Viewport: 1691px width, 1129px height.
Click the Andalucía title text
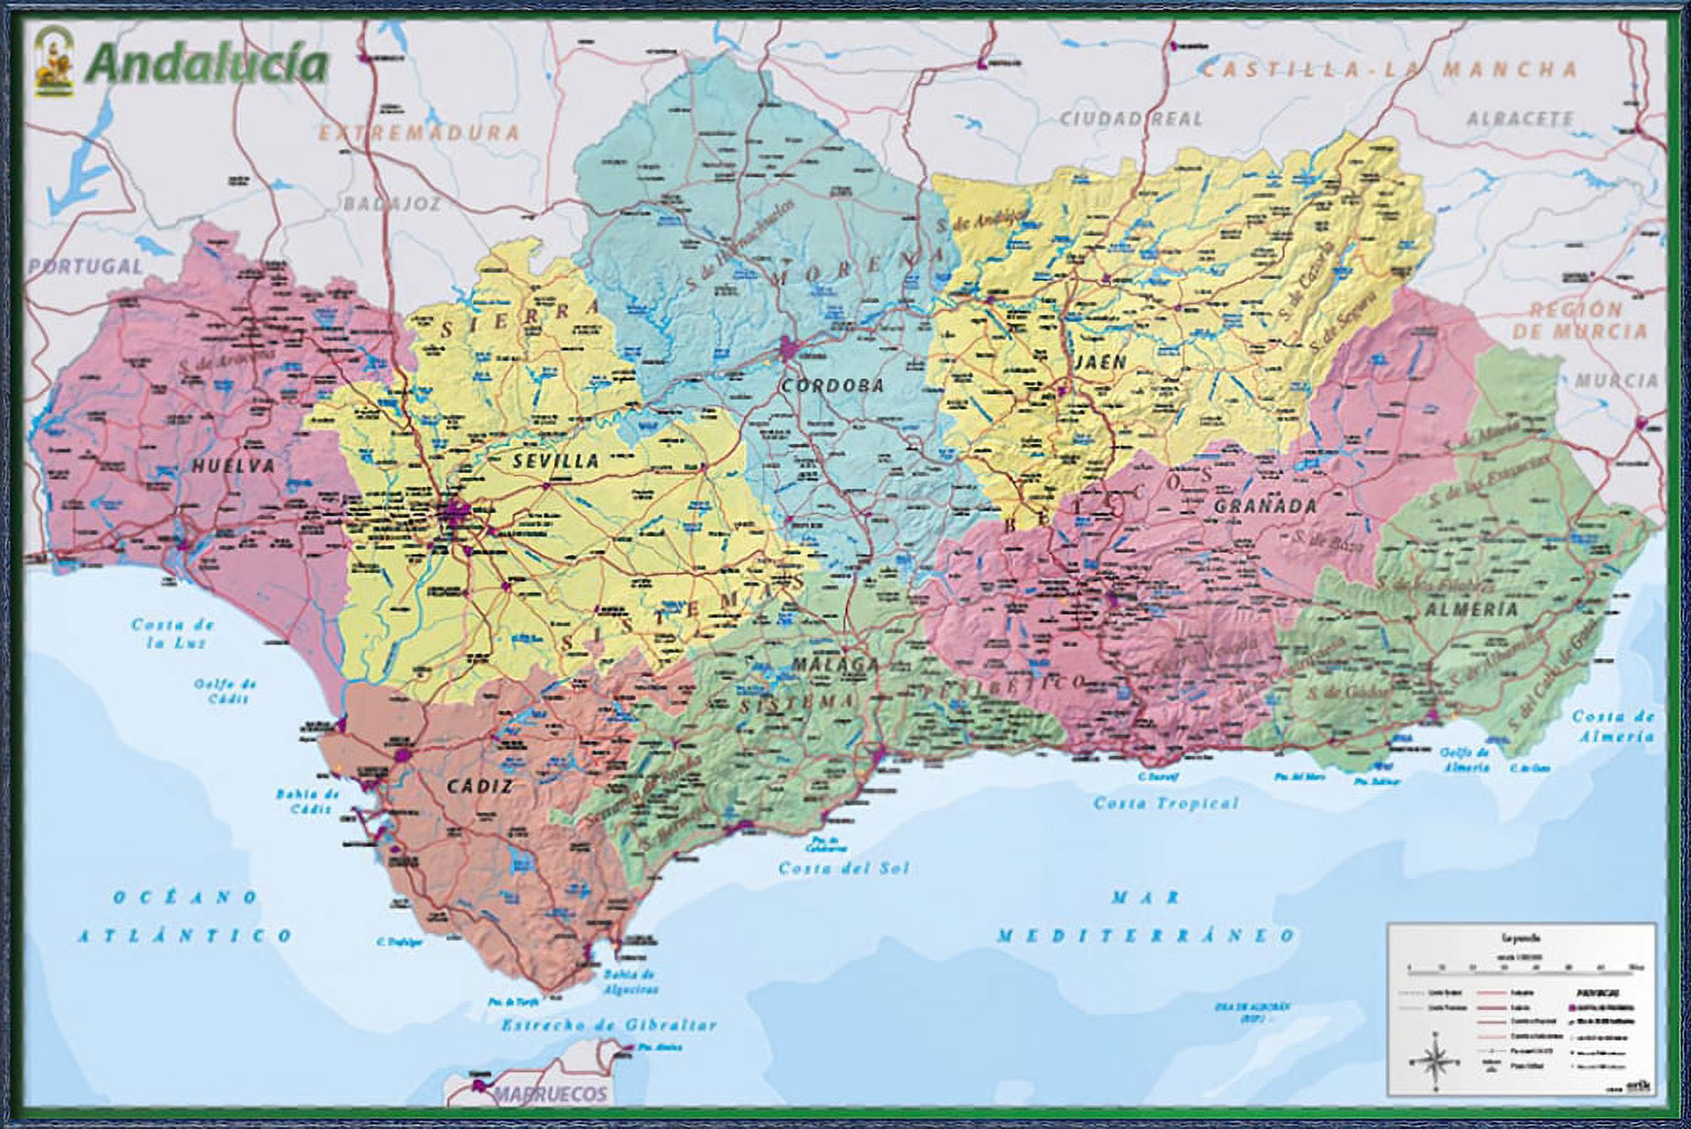pyautogui.click(x=207, y=64)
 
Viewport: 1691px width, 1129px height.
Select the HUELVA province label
pyautogui.click(x=233, y=466)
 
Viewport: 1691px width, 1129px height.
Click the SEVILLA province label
pyautogui.click(x=555, y=461)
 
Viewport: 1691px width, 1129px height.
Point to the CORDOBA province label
pyautogui.click(x=832, y=386)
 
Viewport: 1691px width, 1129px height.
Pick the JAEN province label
pyautogui.click(x=1101, y=363)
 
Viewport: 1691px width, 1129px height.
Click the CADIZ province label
pyautogui.click(x=479, y=787)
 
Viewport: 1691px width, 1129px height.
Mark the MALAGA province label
pyautogui.click(x=835, y=665)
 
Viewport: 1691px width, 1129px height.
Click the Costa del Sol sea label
pyautogui.click(x=843, y=868)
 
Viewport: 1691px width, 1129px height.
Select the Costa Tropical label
pyautogui.click(x=1166, y=803)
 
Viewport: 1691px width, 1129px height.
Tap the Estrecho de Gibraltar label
pyautogui.click(x=609, y=1025)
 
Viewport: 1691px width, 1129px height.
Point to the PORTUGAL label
pyautogui.click(x=85, y=266)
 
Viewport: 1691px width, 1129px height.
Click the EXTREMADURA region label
pyautogui.click(x=419, y=133)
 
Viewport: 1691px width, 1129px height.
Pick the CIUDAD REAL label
pyautogui.click(x=1131, y=118)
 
